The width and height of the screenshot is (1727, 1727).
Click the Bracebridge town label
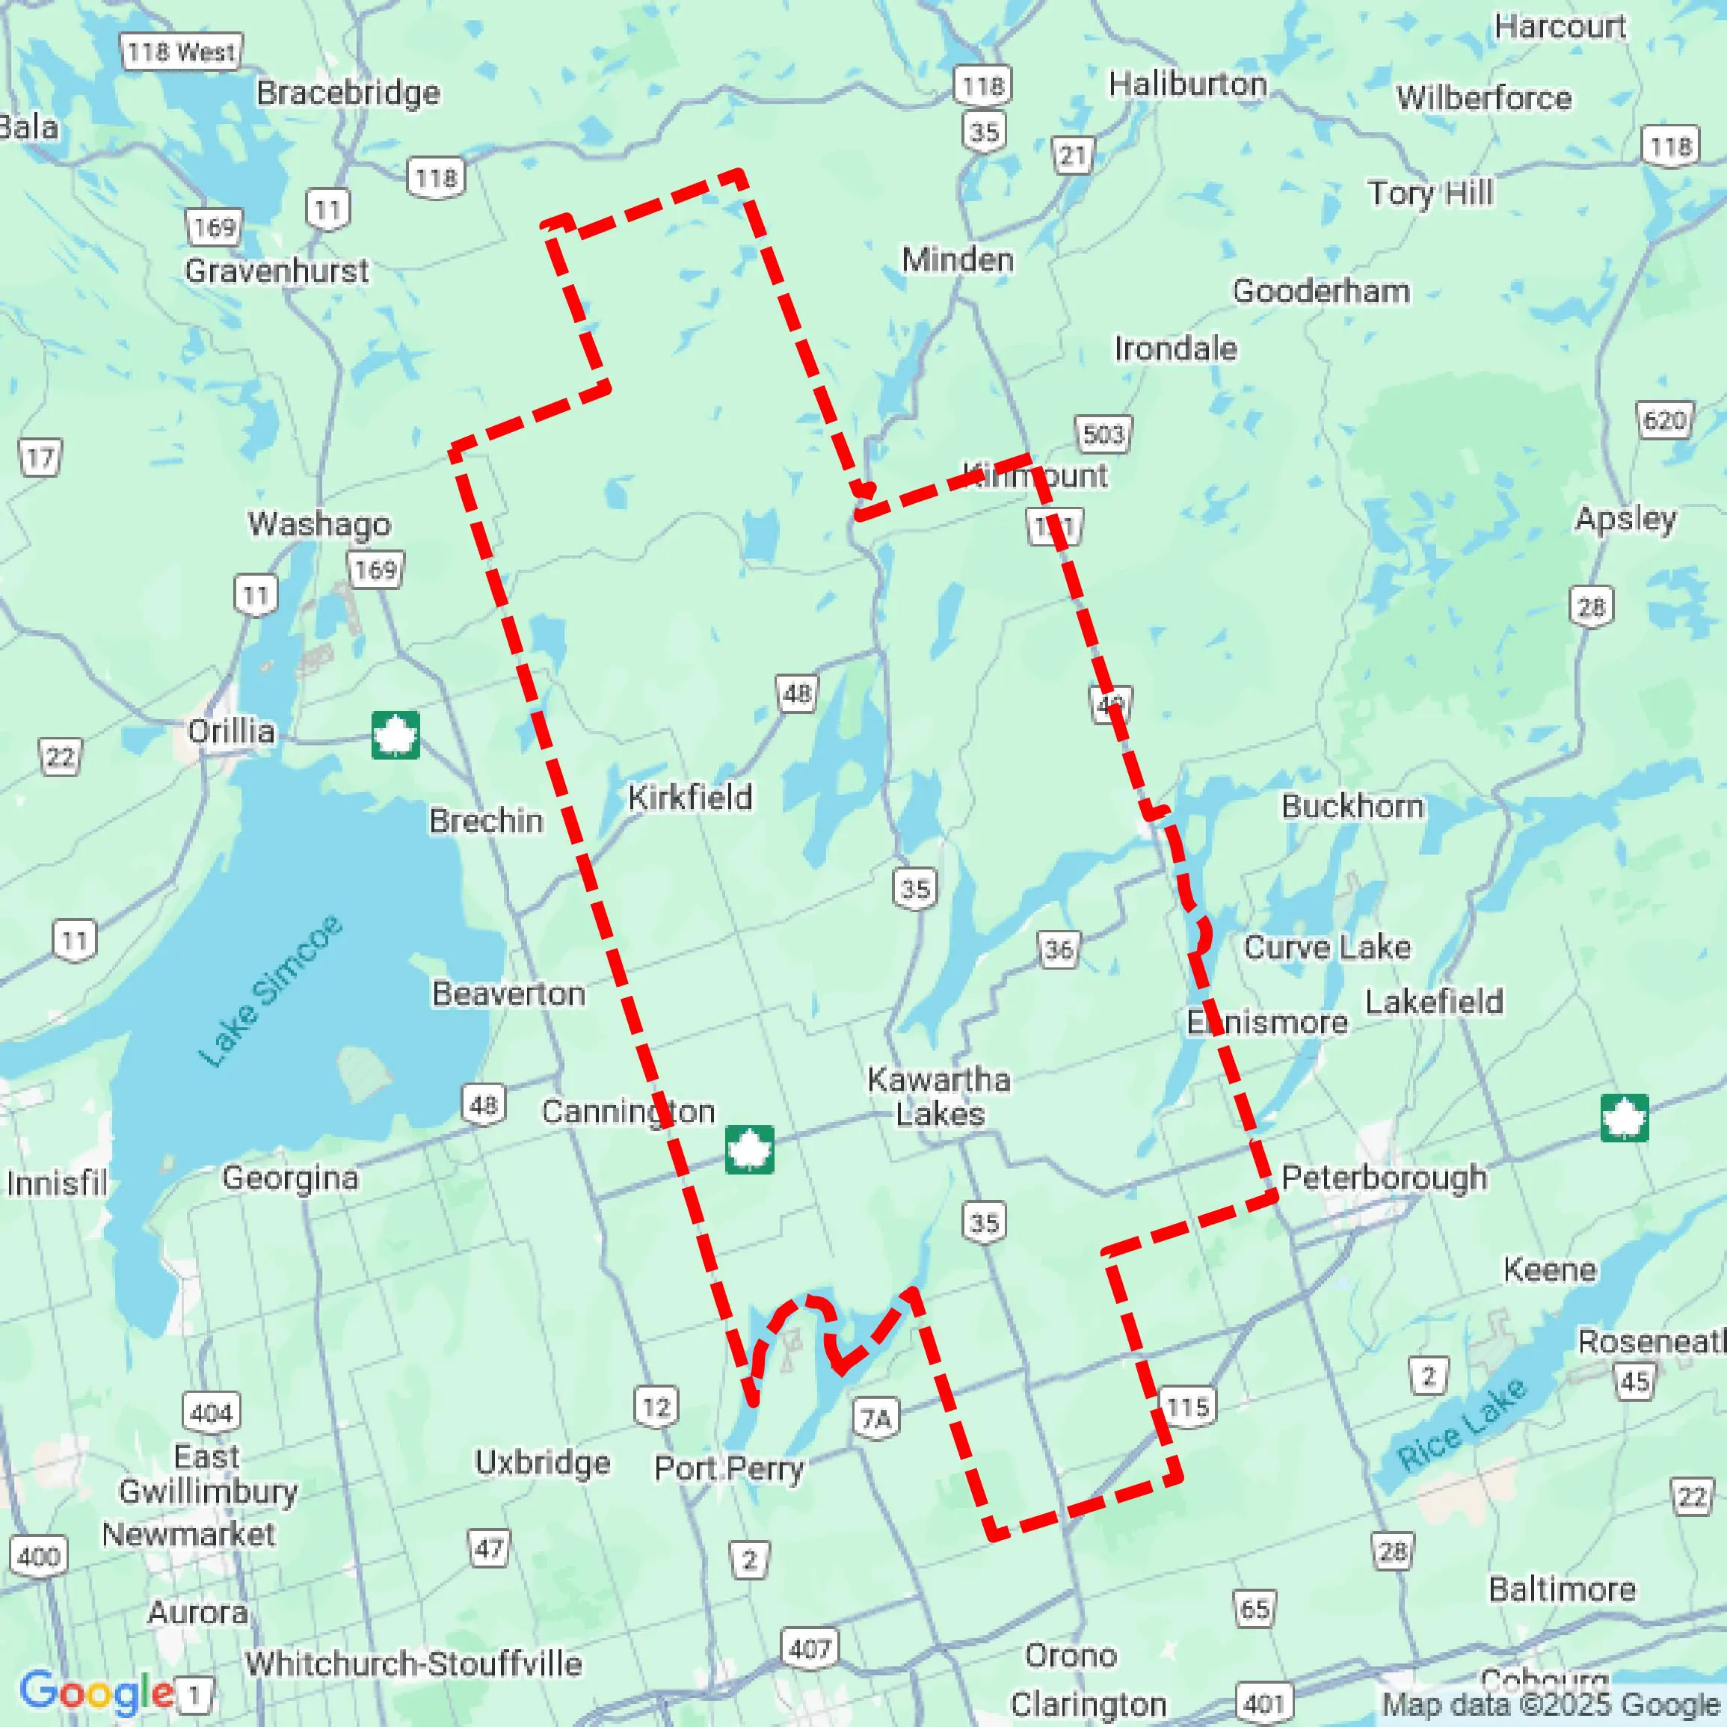pyautogui.click(x=348, y=93)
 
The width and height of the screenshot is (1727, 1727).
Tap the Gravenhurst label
pyautogui.click(x=276, y=270)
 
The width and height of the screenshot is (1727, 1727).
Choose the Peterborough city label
pyautogui.click(x=1384, y=1178)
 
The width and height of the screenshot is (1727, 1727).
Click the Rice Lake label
pyautogui.click(x=1462, y=1425)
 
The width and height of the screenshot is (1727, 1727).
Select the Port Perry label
pyautogui.click(x=728, y=1468)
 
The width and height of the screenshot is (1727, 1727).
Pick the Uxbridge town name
pyautogui.click(x=543, y=1462)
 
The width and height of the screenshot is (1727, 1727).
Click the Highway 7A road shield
pyautogui.click(x=875, y=1419)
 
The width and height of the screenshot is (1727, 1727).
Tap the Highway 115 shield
pyautogui.click(x=1187, y=1408)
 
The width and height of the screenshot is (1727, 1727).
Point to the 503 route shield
pyautogui.click(x=1102, y=434)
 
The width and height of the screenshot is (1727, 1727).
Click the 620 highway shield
pyautogui.click(x=1664, y=420)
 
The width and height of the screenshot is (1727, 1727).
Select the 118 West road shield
pyautogui.click(x=182, y=52)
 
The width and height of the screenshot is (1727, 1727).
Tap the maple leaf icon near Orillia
pyautogui.click(x=395, y=735)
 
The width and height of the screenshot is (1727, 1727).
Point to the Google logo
pyautogui.click(x=96, y=1691)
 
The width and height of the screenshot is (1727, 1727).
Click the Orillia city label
pyautogui.click(x=230, y=731)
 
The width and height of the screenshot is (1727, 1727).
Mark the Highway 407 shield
pyautogui.click(x=810, y=1648)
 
